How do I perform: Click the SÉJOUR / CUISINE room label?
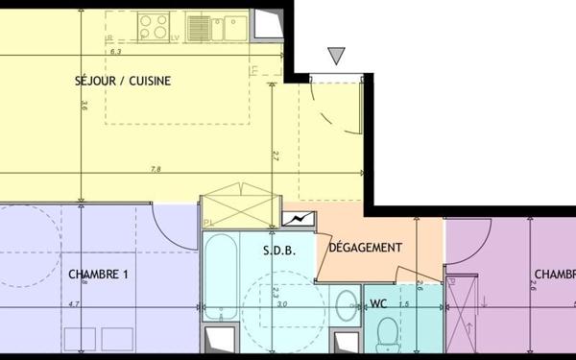[123, 82]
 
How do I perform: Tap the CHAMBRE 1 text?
[99, 274]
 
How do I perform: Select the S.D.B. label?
[278, 250]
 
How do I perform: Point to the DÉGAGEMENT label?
[365, 248]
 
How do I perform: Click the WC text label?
[378, 305]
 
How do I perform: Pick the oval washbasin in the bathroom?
[344, 307]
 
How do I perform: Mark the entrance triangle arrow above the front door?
[336, 57]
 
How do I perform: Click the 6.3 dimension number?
[115, 52]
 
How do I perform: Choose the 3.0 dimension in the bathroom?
[281, 305]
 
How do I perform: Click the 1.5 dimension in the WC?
[405, 305]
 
